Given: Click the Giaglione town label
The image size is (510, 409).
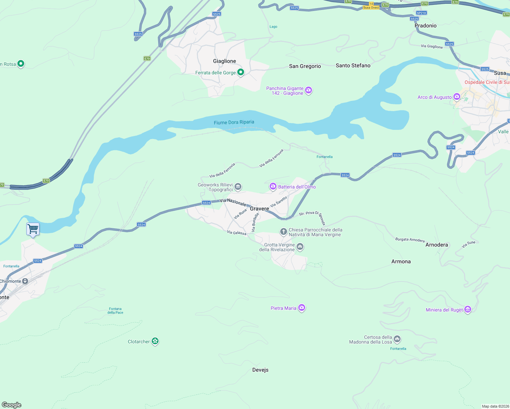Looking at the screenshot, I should [x=224, y=61].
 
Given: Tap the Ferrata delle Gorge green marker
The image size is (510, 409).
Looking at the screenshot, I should [x=241, y=72].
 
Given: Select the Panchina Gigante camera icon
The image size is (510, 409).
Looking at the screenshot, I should [x=309, y=90].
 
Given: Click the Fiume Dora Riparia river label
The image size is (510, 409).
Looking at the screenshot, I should [x=234, y=122].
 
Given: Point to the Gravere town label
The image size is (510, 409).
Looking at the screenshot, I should [x=259, y=209].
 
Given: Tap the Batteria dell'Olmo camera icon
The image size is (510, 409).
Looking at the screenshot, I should [x=273, y=186].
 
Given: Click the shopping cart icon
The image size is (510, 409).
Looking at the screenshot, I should [x=33, y=229].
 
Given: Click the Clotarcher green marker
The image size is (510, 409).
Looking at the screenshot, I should [x=155, y=341].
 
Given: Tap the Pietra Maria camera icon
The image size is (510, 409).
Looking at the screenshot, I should [x=301, y=308].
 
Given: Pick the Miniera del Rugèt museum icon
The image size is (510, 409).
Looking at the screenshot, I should [x=468, y=309].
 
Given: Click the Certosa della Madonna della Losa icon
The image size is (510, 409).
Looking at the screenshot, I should [x=397, y=339].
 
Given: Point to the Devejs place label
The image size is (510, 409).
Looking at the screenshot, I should [x=260, y=370].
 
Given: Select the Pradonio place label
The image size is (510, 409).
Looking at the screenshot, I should [x=425, y=26].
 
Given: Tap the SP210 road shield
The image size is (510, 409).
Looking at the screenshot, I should [x=421, y=13].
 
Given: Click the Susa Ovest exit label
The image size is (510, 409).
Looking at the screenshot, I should [x=371, y=7].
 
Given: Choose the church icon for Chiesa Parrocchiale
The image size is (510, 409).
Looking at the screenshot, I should [x=283, y=232].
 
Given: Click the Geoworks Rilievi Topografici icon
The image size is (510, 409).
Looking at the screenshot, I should [x=238, y=186].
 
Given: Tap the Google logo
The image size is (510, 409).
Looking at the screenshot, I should [x=12, y=405].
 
